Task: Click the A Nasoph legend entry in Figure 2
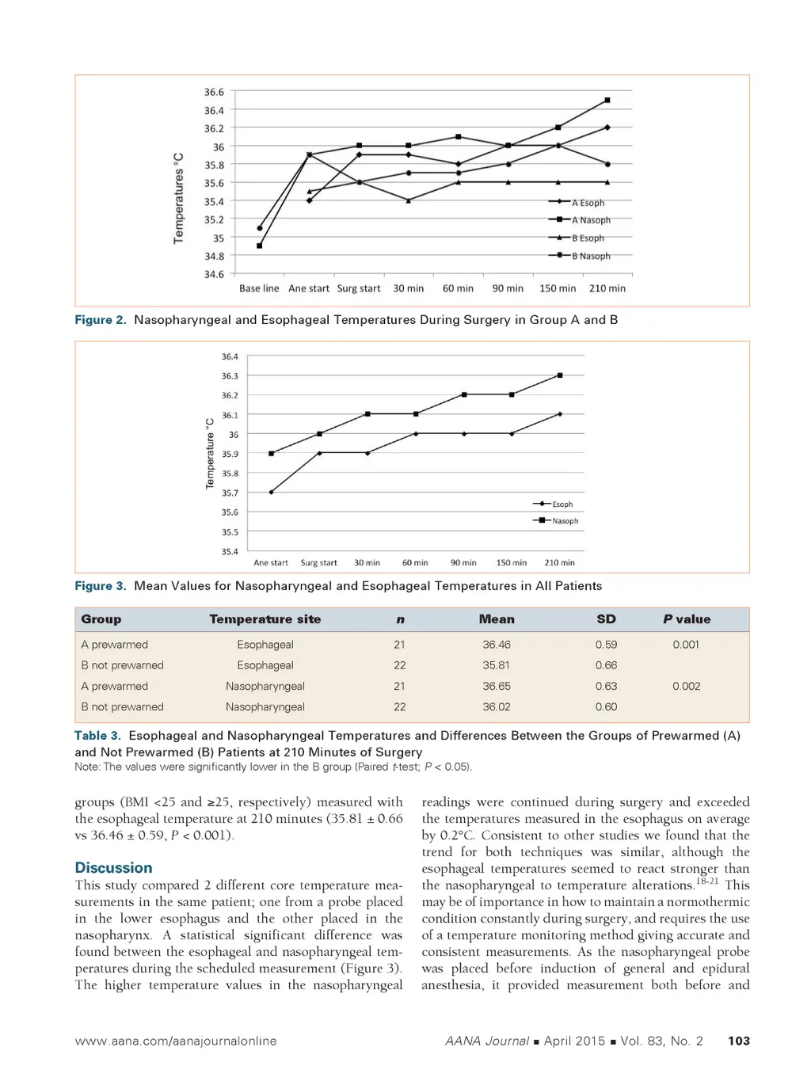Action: tap(590, 220)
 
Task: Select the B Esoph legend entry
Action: tap(587, 238)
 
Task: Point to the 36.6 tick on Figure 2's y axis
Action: tap(214, 92)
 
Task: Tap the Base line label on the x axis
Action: tap(259, 288)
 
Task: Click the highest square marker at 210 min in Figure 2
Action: tap(607, 100)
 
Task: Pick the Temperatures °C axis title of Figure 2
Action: tap(178, 198)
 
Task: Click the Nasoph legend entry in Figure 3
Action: tap(564, 520)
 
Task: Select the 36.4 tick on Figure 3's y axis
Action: tap(230, 357)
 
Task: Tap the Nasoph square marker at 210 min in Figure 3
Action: tap(560, 375)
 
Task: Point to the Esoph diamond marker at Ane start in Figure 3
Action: tap(271, 492)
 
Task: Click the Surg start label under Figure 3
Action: tap(318, 562)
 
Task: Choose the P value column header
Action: tap(687, 619)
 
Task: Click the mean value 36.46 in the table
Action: tap(497, 645)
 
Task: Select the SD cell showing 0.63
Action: tap(606, 686)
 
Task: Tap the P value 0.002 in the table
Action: tap(687, 686)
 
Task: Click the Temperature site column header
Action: tap(265, 619)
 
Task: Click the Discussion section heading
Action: tap(113, 868)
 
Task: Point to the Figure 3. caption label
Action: tap(100, 586)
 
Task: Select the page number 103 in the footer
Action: tap(738, 1041)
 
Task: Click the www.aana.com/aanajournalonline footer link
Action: tap(176, 1041)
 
